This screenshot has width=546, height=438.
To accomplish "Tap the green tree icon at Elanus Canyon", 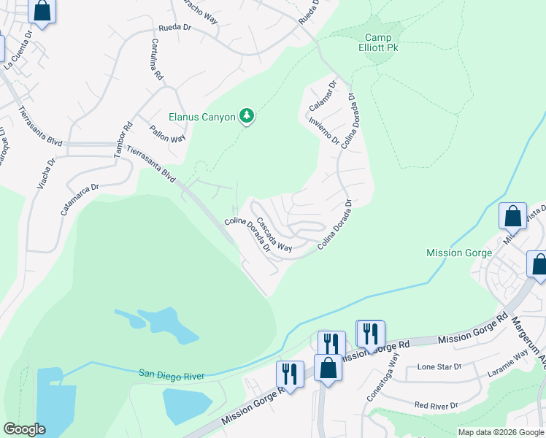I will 247,116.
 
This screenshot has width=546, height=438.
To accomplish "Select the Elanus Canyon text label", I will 202,117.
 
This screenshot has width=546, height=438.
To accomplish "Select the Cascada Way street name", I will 274,233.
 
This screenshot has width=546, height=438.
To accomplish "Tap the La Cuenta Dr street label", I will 19,50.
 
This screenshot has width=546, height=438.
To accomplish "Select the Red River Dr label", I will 436,404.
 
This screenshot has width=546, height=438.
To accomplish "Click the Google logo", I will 24,429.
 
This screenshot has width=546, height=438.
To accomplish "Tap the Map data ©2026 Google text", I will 501,432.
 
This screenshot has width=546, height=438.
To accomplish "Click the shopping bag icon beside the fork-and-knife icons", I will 328,368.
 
